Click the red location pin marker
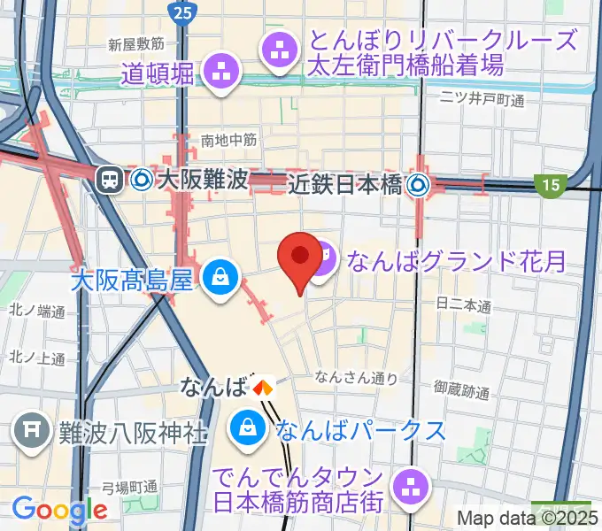tap(300, 258)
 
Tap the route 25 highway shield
tap(182, 12)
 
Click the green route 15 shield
tap(552, 184)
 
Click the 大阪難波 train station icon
tap(111, 180)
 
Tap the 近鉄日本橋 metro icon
tap(418, 184)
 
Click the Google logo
tap(59, 510)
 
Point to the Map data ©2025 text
tap(528, 518)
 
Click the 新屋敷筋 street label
tap(136, 43)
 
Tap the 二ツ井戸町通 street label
tap(483, 100)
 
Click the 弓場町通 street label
tap(129, 487)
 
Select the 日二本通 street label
tap(464, 305)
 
